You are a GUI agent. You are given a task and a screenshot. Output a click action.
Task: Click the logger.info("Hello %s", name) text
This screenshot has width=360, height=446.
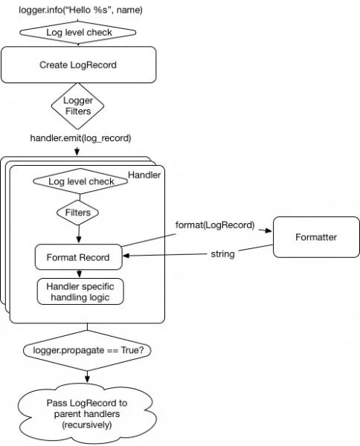(x=80, y=10)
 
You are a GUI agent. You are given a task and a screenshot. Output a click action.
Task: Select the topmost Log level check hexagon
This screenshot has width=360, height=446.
(x=77, y=32)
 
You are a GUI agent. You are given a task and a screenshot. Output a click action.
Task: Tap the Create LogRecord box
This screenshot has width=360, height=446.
(x=77, y=65)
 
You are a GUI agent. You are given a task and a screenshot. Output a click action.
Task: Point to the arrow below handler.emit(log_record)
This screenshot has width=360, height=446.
(x=77, y=151)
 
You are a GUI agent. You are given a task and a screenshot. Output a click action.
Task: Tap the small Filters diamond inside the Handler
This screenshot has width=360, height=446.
(x=77, y=213)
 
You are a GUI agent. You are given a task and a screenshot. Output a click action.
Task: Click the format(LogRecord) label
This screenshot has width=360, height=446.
(x=214, y=224)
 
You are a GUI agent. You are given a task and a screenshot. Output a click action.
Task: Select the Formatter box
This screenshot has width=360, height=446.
(x=316, y=237)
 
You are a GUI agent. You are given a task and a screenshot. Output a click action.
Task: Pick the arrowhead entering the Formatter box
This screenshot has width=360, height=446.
(x=270, y=231)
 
